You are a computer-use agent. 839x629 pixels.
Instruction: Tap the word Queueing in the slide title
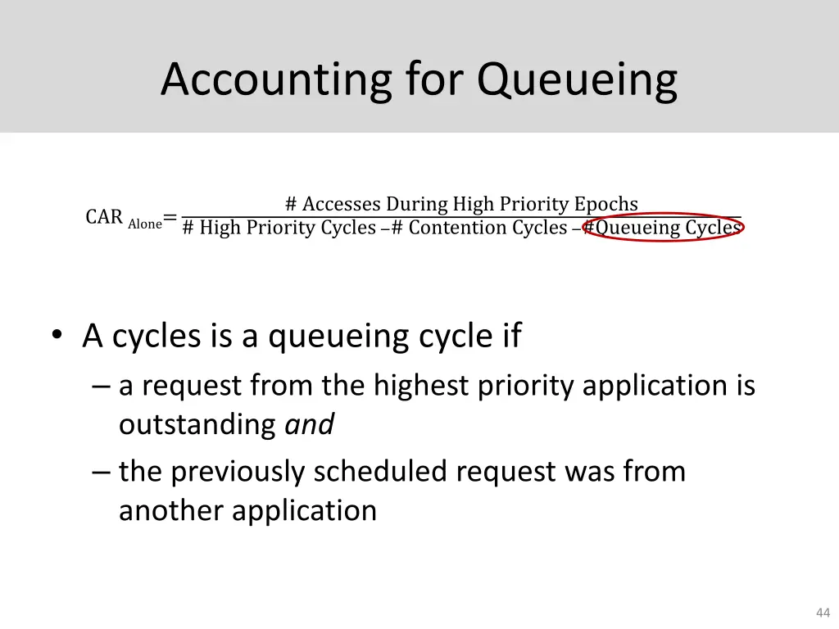pos(578,80)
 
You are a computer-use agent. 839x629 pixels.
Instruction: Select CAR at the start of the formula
pos(104,217)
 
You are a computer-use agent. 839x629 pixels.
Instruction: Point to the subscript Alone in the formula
pos(145,224)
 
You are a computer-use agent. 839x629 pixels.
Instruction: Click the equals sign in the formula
pos(170,218)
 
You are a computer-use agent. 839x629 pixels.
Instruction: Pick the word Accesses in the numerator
pos(342,204)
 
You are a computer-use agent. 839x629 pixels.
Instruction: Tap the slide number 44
pos(823,613)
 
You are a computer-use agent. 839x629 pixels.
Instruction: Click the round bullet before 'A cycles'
pos(56,336)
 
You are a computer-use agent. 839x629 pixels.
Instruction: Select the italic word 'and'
pos(309,424)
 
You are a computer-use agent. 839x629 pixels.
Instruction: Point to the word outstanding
pos(197,424)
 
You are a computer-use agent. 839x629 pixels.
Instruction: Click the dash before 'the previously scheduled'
pos(101,473)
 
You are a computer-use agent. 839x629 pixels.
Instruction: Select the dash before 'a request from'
pos(101,386)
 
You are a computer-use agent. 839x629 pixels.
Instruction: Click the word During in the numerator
pos(417,204)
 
